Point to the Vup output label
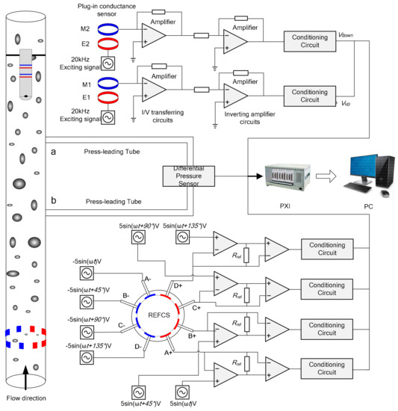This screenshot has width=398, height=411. pyautogui.click(x=346, y=103)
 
